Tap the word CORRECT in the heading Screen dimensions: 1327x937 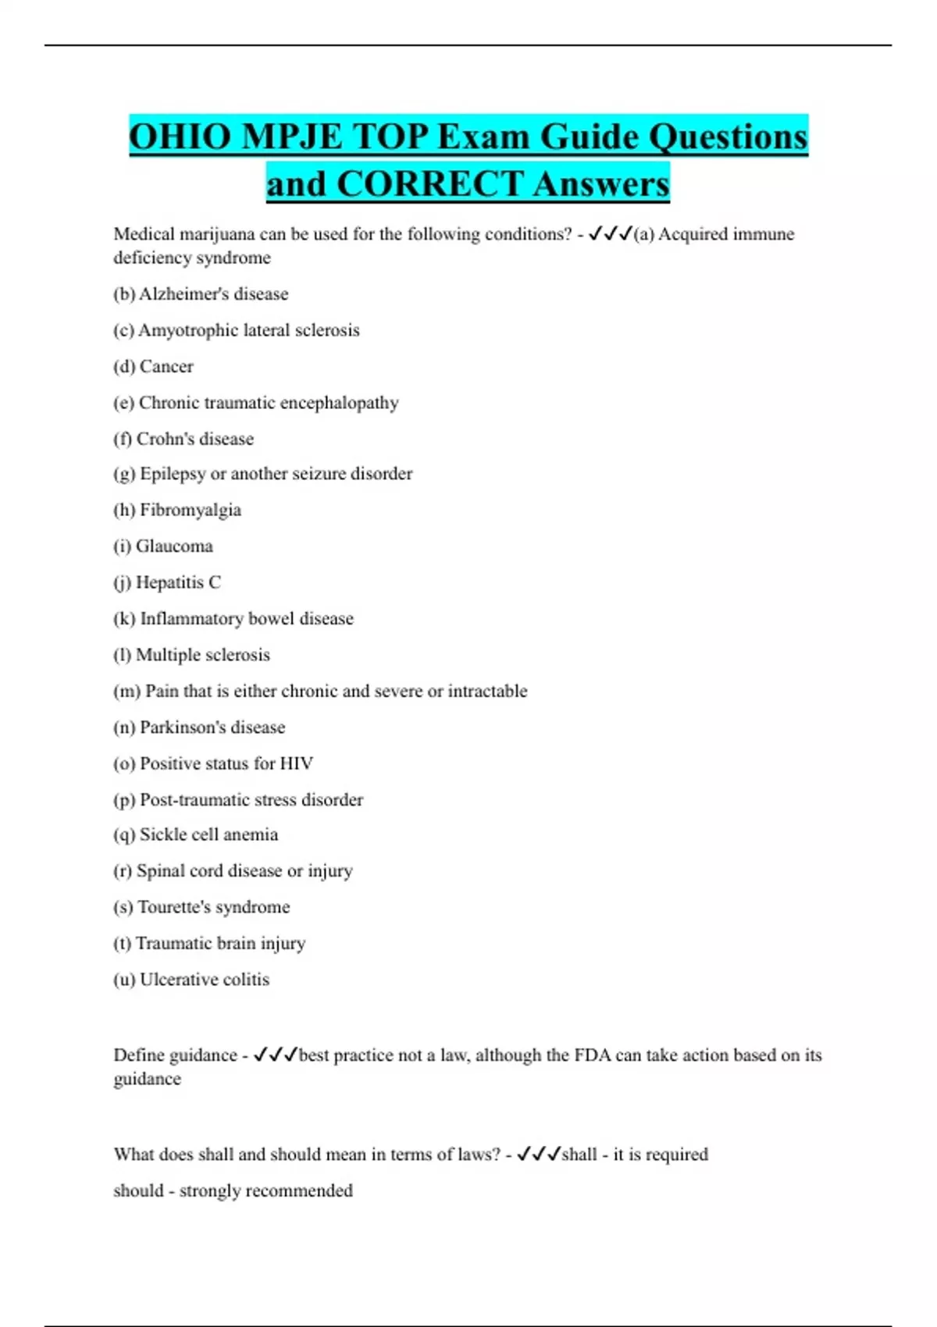click(x=429, y=185)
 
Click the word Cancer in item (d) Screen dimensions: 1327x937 click(x=166, y=367)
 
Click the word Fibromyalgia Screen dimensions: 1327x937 click(x=190, y=511)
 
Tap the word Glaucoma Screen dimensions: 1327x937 click(x=174, y=546)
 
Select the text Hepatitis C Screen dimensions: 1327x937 click(x=178, y=582)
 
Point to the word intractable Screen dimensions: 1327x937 click(x=487, y=692)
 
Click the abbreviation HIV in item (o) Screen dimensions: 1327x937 click(x=297, y=763)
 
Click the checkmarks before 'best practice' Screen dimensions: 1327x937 click(x=276, y=1055)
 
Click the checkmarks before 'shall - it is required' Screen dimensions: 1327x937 click(x=539, y=1154)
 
